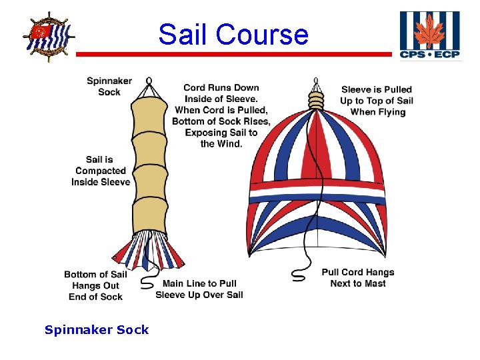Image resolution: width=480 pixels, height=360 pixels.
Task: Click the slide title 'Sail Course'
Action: click(x=233, y=34)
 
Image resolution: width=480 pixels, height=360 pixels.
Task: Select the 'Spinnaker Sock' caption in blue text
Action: click(x=97, y=329)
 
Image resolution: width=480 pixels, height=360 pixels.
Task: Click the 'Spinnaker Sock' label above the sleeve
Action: click(x=109, y=87)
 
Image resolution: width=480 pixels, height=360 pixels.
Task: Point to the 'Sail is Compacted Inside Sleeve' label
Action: click(x=101, y=171)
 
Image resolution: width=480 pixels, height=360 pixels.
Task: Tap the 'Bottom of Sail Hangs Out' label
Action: click(x=95, y=285)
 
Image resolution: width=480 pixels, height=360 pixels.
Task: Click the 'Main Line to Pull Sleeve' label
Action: click(x=199, y=289)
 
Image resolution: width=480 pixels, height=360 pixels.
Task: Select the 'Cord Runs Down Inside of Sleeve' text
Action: click(x=221, y=99)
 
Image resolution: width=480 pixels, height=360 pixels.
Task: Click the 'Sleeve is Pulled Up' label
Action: click(x=377, y=101)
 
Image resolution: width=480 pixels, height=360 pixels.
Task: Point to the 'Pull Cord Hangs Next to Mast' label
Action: click(x=358, y=278)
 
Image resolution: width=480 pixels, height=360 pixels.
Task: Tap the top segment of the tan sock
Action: click(x=149, y=119)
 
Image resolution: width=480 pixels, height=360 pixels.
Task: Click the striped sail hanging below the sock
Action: click(x=149, y=247)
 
